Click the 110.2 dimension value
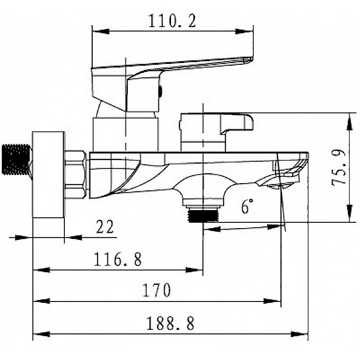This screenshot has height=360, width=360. coord(172,21)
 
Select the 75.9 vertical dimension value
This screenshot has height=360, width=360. coord(339,167)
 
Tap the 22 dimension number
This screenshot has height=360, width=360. coord(105,227)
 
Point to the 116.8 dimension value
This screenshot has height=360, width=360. coord(118,259)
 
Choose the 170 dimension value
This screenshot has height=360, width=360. coord(157,290)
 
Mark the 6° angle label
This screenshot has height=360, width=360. coord(247,206)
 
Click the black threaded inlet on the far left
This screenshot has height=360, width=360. coord(17,159)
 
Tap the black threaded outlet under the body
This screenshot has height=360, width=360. coord(203,215)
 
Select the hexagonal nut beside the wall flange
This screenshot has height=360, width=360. coord(76,174)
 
